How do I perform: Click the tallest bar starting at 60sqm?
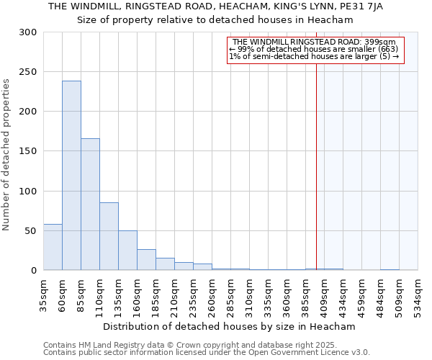click(x=71, y=176)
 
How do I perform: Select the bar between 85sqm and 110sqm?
click(x=90, y=204)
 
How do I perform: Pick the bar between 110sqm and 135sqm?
click(x=109, y=236)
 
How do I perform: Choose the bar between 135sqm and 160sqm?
click(x=127, y=251)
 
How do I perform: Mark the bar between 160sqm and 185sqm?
click(x=146, y=260)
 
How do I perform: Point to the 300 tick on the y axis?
click(x=28, y=32)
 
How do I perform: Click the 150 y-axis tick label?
click(x=28, y=151)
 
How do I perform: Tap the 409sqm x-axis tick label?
click(x=324, y=293)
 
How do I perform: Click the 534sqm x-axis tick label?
click(x=418, y=293)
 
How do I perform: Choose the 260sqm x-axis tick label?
click(x=212, y=293)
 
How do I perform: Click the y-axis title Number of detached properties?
click(x=6, y=155)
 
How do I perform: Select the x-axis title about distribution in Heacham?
click(x=230, y=326)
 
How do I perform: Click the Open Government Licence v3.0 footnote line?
click(x=206, y=353)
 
